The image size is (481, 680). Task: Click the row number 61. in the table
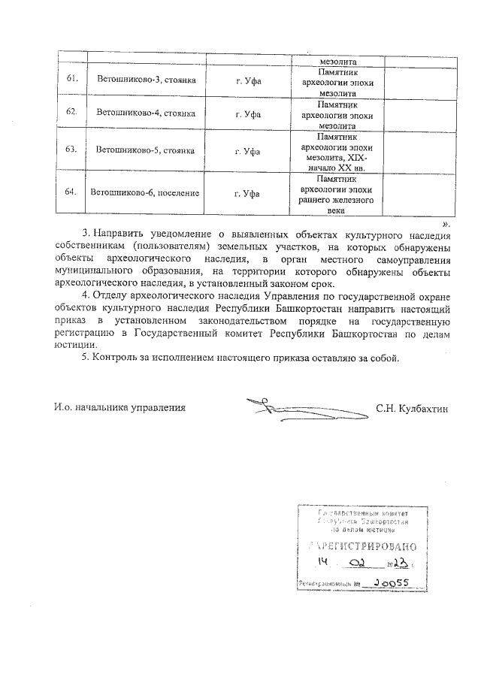click(72, 79)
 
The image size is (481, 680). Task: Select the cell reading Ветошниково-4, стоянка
click(142, 113)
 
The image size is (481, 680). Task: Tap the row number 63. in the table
click(72, 150)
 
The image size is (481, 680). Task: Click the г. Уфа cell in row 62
click(247, 113)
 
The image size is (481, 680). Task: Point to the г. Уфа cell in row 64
click(247, 193)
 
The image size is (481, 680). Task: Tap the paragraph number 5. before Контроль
click(86, 358)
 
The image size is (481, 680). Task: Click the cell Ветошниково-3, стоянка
click(142, 79)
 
